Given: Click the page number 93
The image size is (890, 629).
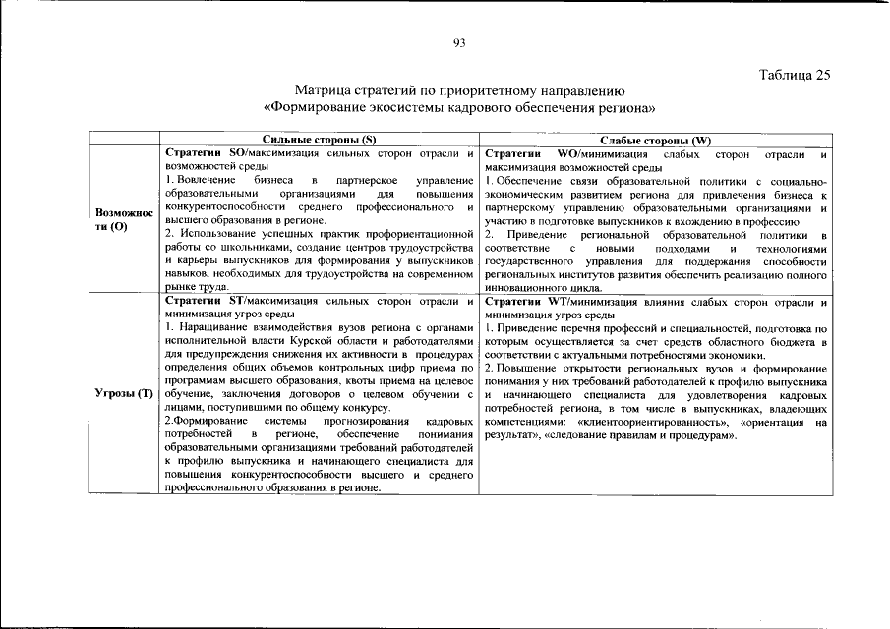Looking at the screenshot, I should tap(458, 42).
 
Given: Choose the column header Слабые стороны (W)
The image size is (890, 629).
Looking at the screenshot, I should tap(656, 141).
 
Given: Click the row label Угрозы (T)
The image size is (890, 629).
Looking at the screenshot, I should tap(124, 394).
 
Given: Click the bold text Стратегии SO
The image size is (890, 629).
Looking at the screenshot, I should tap(197, 154).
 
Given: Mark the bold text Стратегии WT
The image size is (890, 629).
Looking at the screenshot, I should tap(520, 300).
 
